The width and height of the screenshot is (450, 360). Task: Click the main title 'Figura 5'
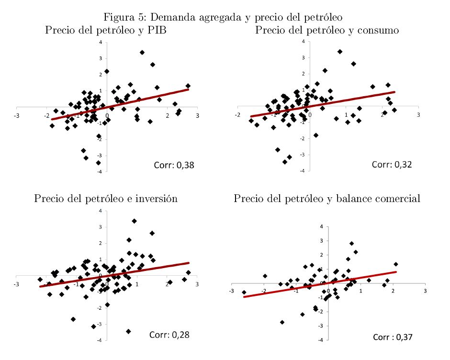point(223,18)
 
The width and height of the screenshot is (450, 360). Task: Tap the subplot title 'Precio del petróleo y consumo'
point(327,30)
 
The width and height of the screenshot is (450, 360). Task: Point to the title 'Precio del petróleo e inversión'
point(106,198)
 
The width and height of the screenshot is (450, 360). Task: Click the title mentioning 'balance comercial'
point(327,198)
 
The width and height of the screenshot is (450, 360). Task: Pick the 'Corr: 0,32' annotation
point(392,165)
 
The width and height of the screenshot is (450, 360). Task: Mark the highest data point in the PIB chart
point(142,52)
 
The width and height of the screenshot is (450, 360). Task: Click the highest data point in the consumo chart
point(340,51)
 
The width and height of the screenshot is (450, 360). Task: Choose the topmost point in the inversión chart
point(135,221)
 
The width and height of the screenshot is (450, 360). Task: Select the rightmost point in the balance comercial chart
point(396,264)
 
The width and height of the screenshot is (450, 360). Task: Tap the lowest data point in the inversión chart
point(128,331)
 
